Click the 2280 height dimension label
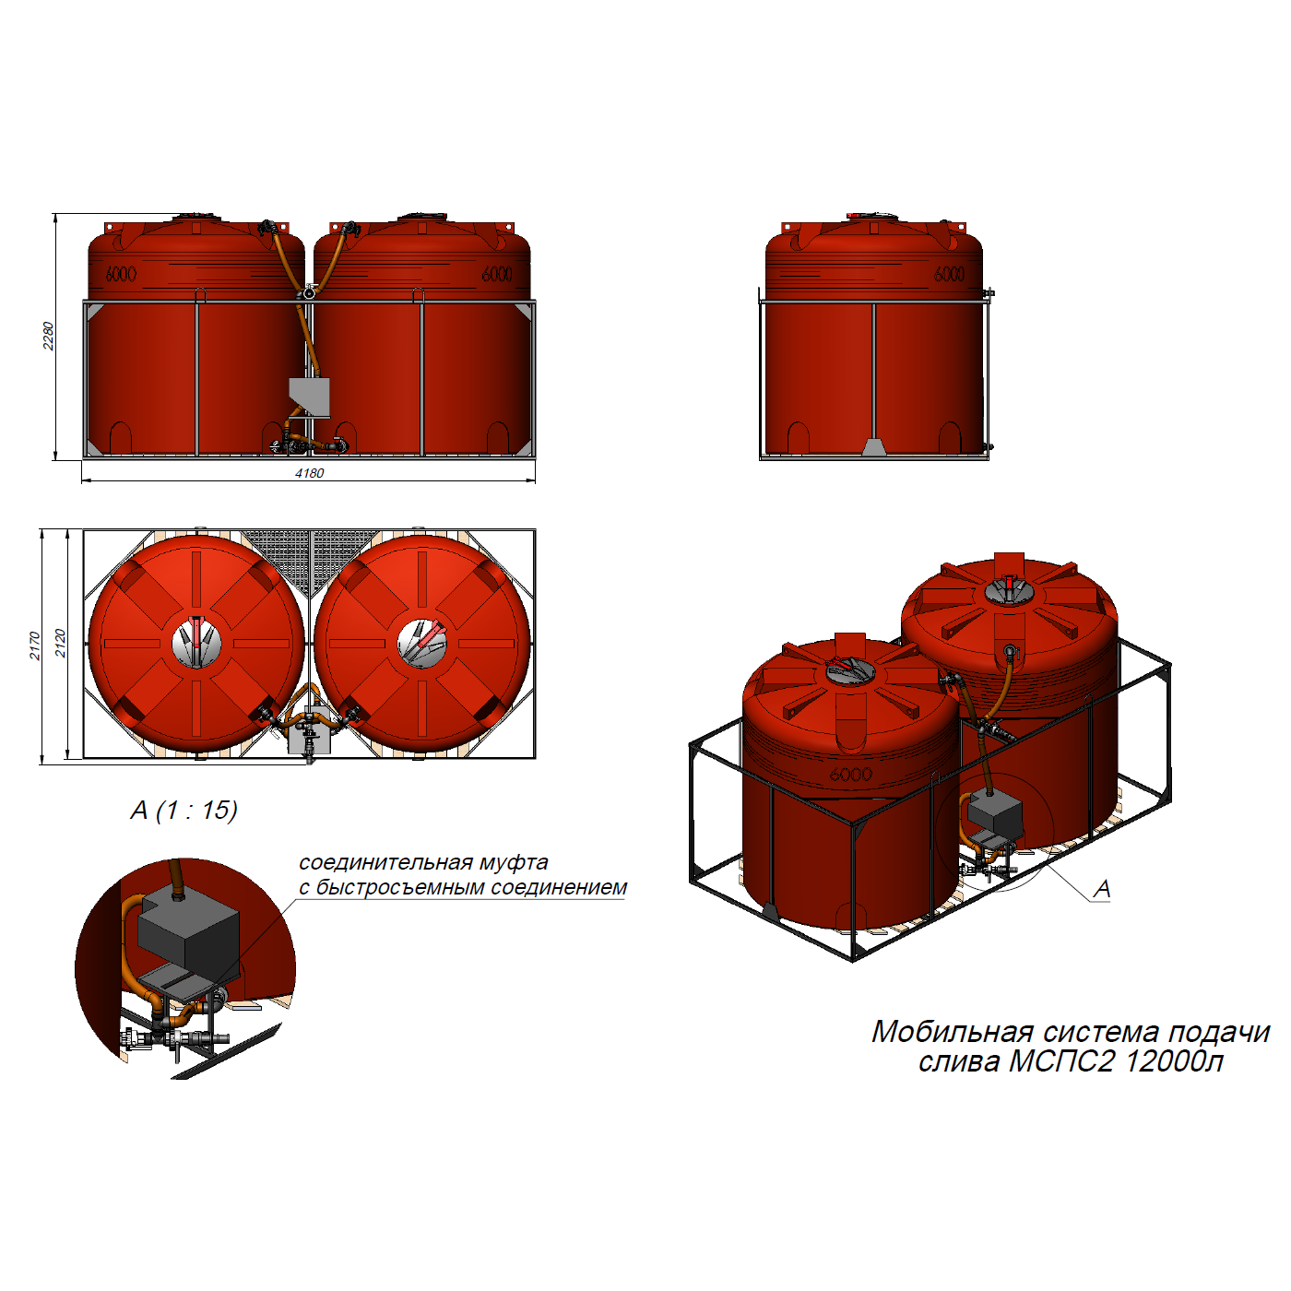[48, 336]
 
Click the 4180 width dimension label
[310, 474]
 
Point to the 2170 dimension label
[35, 645]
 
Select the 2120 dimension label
[60, 643]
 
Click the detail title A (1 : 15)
[184, 810]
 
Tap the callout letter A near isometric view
[1101, 889]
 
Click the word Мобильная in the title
[952, 1032]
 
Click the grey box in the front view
[310, 397]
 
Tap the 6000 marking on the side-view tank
[949, 274]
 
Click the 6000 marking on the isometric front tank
[851, 775]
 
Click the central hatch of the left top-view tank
[196, 643]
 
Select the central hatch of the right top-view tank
[422, 643]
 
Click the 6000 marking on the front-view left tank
[121, 274]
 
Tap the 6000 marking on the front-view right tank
[497, 274]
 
